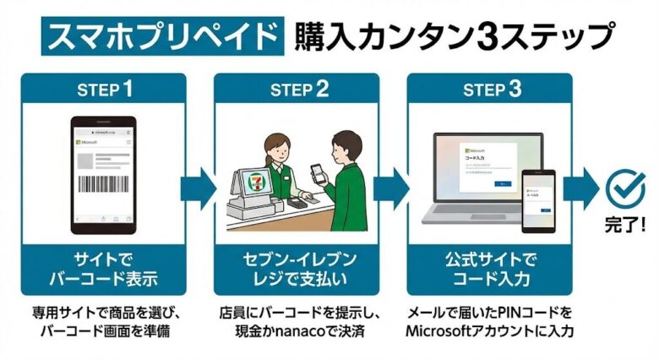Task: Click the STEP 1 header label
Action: point(105,89)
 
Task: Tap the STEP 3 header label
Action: point(491,89)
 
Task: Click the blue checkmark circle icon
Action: point(625,188)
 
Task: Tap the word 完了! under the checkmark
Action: point(624,226)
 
